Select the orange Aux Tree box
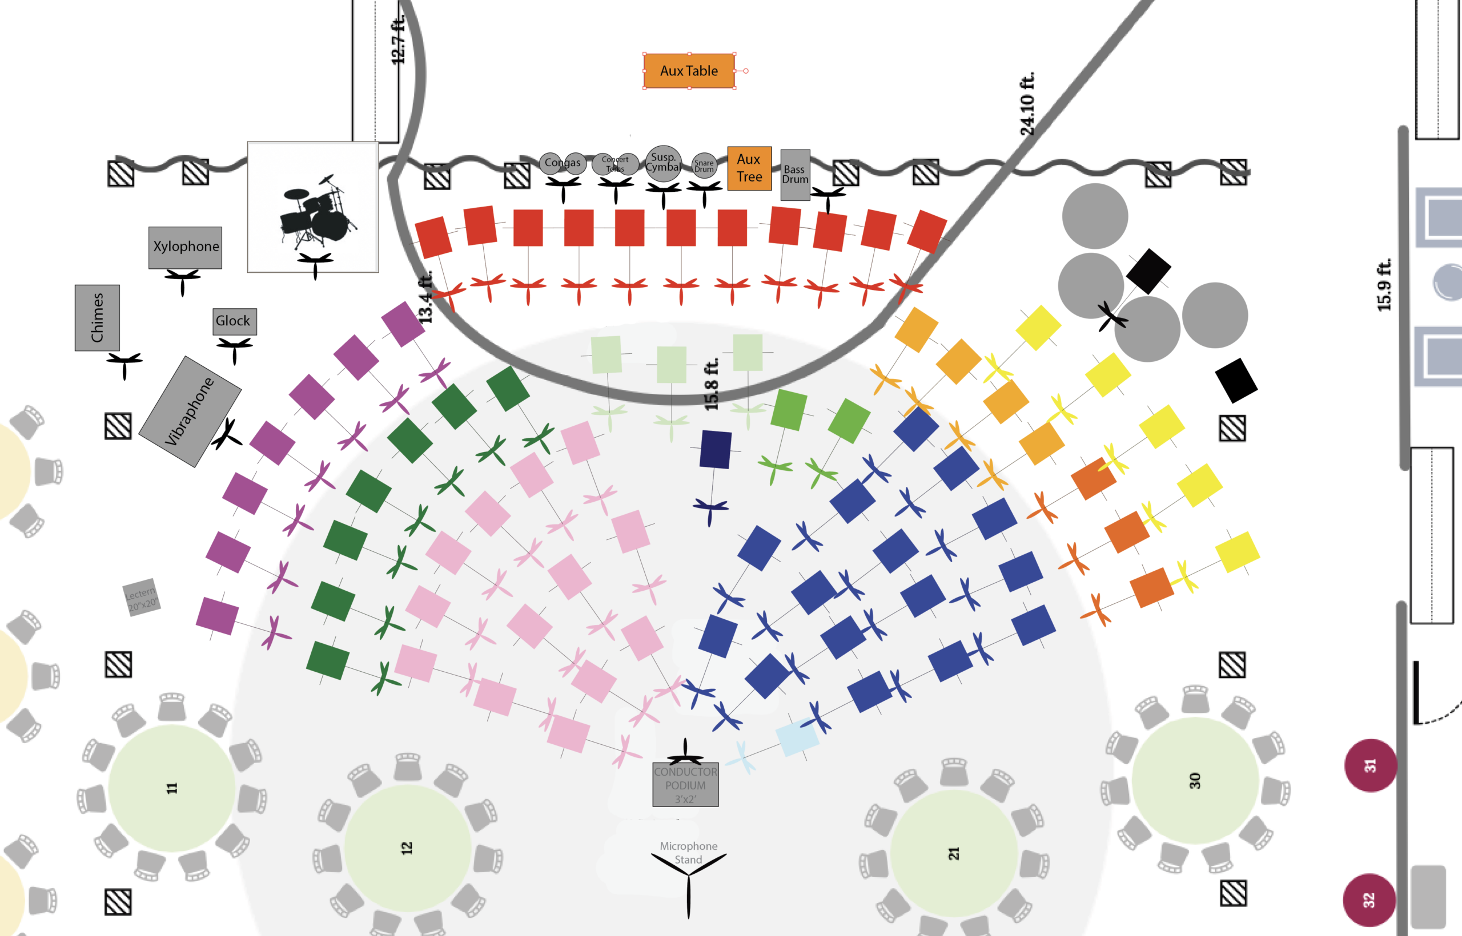(x=749, y=168)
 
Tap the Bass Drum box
(x=795, y=175)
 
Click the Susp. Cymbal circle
(x=663, y=163)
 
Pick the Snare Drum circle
(x=704, y=165)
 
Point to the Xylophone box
(x=186, y=247)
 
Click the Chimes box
(x=97, y=317)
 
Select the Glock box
(x=234, y=321)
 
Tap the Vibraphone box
(x=190, y=411)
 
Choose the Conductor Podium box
(x=685, y=785)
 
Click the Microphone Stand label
(x=688, y=852)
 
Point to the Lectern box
(x=142, y=597)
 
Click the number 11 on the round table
(x=172, y=788)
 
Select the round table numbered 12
(x=407, y=848)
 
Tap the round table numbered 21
(x=954, y=853)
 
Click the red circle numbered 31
(x=1369, y=765)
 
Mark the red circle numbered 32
(x=1368, y=899)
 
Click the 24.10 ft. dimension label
(x=1027, y=104)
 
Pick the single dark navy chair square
(x=715, y=450)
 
